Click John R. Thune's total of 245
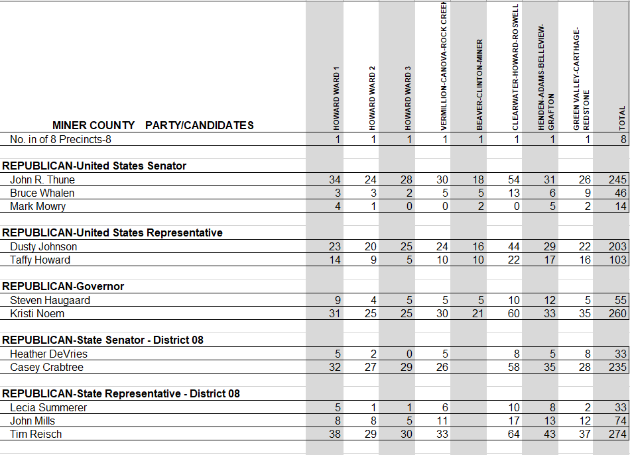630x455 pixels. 617,179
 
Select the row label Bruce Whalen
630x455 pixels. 42,193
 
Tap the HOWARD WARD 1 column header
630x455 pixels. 336,97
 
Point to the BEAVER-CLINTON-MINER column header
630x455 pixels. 479,84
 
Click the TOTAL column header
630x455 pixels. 622,117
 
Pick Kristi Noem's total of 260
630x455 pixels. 617,313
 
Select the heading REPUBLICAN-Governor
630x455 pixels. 63,286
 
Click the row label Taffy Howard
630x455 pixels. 40,260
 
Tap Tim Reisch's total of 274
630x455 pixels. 617,434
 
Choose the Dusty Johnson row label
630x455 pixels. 43,246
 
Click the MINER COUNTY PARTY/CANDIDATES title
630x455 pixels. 153,125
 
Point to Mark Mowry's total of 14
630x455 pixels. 620,206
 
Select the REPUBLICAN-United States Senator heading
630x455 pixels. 94,166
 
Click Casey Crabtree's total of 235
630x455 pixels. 617,367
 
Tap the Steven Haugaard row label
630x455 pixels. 50,300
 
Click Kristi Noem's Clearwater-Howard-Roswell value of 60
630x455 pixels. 513,313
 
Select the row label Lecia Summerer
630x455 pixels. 48,407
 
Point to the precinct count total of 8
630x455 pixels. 623,139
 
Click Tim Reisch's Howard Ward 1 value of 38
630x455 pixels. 335,434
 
